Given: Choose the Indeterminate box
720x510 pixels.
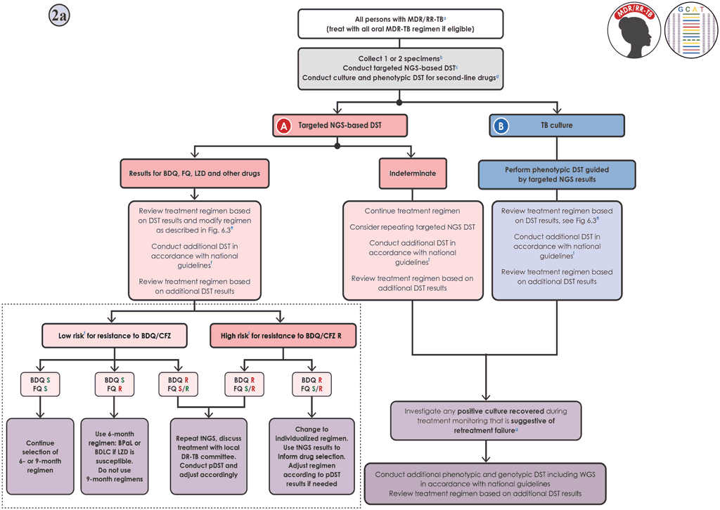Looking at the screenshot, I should coord(413,174).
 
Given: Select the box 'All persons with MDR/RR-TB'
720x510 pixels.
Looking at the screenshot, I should coord(400,24).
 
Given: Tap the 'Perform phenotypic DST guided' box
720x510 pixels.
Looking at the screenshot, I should coord(557,174).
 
